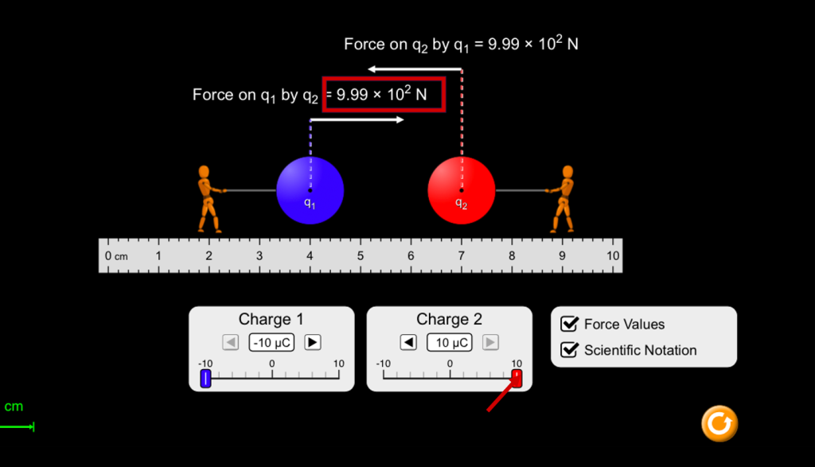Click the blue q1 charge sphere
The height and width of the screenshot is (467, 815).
310,190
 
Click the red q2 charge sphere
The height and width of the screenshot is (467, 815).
462,190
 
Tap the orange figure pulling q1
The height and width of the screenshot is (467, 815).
209,199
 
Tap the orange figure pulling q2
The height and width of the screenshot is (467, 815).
561,199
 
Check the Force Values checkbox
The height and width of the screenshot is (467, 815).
569,324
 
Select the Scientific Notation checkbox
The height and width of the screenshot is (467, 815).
569,349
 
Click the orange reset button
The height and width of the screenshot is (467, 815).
719,423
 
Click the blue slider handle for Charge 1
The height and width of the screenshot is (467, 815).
206,378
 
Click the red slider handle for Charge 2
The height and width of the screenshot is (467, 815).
517,378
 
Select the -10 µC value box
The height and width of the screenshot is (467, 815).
271,342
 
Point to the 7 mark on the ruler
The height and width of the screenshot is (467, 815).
461,255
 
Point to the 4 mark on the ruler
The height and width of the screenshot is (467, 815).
310,255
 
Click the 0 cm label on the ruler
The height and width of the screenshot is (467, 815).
116,255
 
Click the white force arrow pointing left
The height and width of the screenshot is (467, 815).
415,69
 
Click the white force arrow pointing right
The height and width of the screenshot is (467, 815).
357,120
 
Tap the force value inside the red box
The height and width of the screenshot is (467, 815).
382,94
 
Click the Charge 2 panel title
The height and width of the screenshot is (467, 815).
449,318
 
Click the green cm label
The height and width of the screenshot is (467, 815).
14,407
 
